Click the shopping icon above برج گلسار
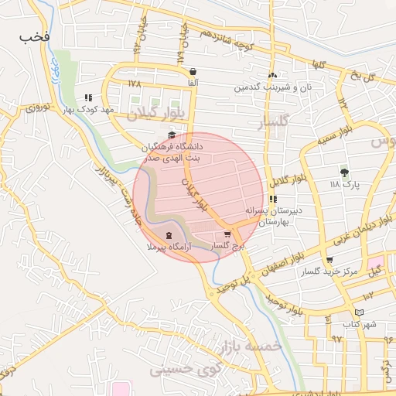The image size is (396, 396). (227, 234)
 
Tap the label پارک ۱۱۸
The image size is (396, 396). (345, 185)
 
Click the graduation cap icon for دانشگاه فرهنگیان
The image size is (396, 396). (171, 135)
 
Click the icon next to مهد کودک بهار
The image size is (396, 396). (88, 98)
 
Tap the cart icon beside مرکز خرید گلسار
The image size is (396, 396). (330, 260)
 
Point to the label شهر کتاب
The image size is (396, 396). (360, 323)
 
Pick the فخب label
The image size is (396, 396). (35, 36)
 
